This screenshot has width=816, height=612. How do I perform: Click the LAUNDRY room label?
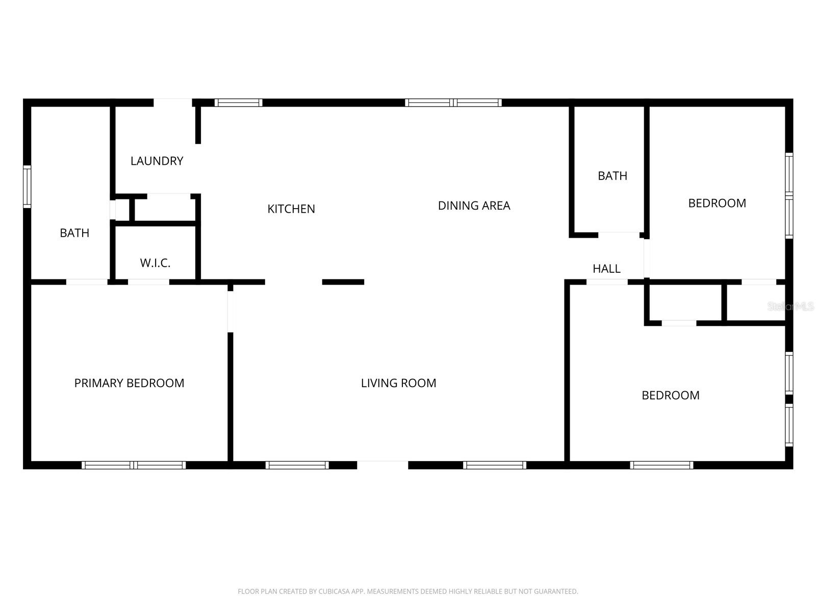point(157,161)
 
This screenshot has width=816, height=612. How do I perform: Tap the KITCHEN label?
point(291,209)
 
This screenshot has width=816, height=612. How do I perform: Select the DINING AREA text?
point(474,206)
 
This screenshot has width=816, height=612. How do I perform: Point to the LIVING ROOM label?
point(398,383)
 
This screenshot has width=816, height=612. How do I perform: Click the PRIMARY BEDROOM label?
point(129,383)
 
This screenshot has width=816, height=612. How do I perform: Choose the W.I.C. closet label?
point(155,263)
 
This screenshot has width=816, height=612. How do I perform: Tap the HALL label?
point(606,269)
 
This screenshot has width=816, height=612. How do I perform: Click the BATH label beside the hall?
point(612,176)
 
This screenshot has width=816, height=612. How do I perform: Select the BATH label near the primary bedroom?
point(74,233)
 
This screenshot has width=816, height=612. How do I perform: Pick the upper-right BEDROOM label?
point(717,203)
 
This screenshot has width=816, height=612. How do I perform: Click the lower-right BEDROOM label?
point(670,395)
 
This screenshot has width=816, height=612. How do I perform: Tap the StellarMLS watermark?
point(790,307)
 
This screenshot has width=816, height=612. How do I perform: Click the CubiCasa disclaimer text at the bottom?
point(407,592)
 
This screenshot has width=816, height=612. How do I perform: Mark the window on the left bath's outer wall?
point(27,187)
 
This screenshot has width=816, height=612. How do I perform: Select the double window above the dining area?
point(453,103)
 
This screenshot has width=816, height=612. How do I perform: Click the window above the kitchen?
point(238,103)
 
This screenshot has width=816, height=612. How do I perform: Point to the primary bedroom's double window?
point(134,465)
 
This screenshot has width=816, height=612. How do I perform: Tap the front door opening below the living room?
point(382,465)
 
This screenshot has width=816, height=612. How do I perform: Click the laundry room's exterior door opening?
point(173,103)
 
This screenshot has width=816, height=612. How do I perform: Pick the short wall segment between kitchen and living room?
point(343,282)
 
